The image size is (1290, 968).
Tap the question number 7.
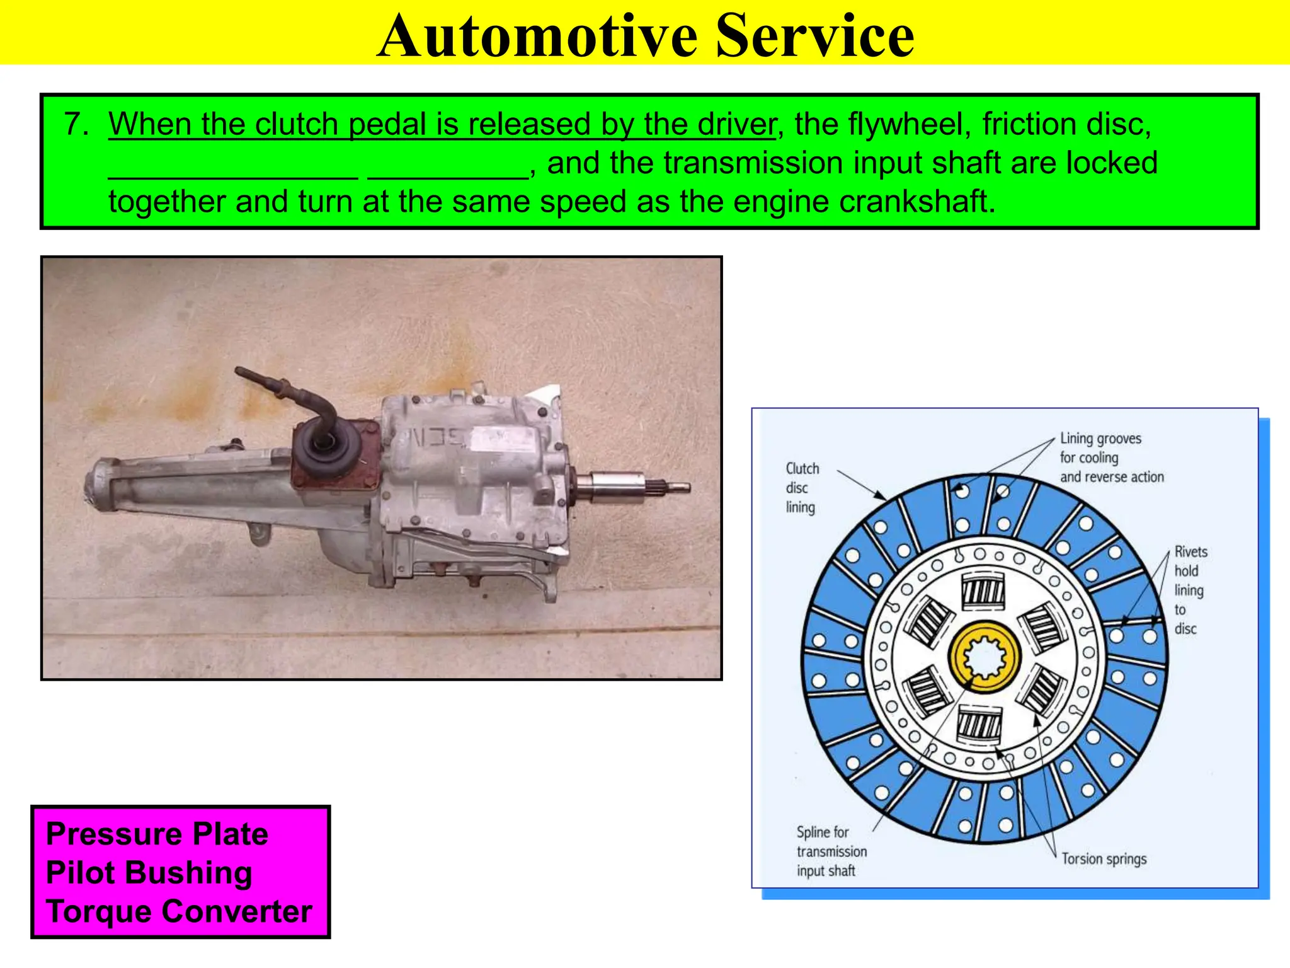click(76, 124)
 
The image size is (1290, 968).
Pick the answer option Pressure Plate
click(157, 834)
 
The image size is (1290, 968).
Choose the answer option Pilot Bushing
click(149, 873)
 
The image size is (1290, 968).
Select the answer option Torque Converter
click(179, 911)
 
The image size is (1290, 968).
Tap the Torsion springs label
click(1104, 859)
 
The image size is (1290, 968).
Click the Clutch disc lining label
click(801, 488)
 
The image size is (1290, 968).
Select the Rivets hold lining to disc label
click(1189, 590)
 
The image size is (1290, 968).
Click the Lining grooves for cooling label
click(1111, 458)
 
